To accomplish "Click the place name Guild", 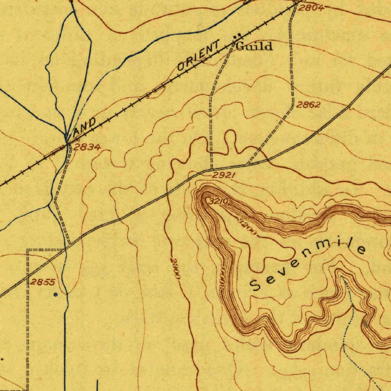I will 255,47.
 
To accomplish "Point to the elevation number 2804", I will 311,8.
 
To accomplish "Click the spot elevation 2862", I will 308,105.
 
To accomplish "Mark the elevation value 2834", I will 87,147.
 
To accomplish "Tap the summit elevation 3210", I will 218,201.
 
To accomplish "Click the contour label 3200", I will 247,227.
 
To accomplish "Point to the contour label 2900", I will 175,269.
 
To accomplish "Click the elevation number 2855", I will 43,282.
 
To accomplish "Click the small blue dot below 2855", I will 56,295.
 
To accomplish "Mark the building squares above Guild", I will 237,36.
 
